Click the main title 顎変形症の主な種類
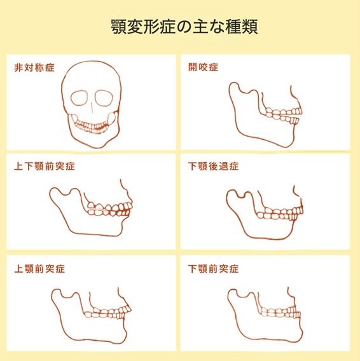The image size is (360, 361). (x=184, y=27)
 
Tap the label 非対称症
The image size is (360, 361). (x=34, y=67)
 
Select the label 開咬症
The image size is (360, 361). (x=203, y=67)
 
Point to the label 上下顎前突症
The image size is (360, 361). (x=45, y=167)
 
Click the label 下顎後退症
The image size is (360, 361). (x=213, y=167)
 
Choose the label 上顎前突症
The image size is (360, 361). (x=39, y=268)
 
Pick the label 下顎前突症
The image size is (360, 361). (x=213, y=268)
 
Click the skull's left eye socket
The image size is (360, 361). (x=80, y=98)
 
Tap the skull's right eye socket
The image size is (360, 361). (x=104, y=98)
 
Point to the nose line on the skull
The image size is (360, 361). (x=92, y=108)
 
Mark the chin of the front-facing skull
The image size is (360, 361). (x=97, y=144)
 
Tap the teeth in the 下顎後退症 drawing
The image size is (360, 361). (x=280, y=214)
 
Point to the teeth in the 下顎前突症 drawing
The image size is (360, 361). (x=280, y=313)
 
